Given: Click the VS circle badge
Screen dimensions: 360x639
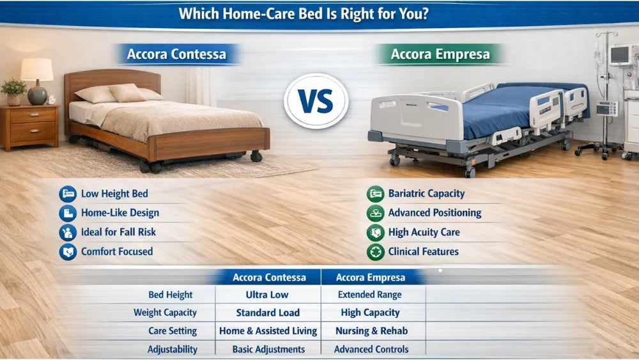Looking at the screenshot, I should point(316,101).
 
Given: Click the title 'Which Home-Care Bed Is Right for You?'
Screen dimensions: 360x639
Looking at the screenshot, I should point(303,13).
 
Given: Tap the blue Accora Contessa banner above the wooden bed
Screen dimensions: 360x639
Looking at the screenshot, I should point(176,54).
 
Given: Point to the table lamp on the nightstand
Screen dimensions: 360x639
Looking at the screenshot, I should point(37,80).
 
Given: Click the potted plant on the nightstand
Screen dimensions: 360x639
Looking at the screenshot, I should point(14,91).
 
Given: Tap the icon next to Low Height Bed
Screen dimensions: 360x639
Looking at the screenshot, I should point(67,194).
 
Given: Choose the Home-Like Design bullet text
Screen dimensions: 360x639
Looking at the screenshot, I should point(119,213).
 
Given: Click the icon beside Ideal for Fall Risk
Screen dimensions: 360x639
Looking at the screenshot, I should point(67,232).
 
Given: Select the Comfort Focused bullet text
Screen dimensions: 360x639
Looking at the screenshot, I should point(116,251).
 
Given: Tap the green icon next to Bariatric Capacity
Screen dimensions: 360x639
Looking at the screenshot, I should point(375,194).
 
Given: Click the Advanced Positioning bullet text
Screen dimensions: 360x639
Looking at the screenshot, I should point(435,213).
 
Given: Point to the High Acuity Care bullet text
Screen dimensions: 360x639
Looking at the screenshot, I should point(424,232).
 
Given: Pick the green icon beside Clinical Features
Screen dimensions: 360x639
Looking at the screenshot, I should point(375,251).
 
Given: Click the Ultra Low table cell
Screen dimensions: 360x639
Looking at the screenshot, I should point(267,295).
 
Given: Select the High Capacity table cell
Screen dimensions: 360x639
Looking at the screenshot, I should point(370,313).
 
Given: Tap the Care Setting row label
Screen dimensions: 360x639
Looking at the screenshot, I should point(172,331).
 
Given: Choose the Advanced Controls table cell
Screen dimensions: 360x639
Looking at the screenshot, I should point(371,349).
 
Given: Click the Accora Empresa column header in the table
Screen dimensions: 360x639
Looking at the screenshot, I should point(370,277).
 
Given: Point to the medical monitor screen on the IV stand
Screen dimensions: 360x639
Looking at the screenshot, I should point(620,54).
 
